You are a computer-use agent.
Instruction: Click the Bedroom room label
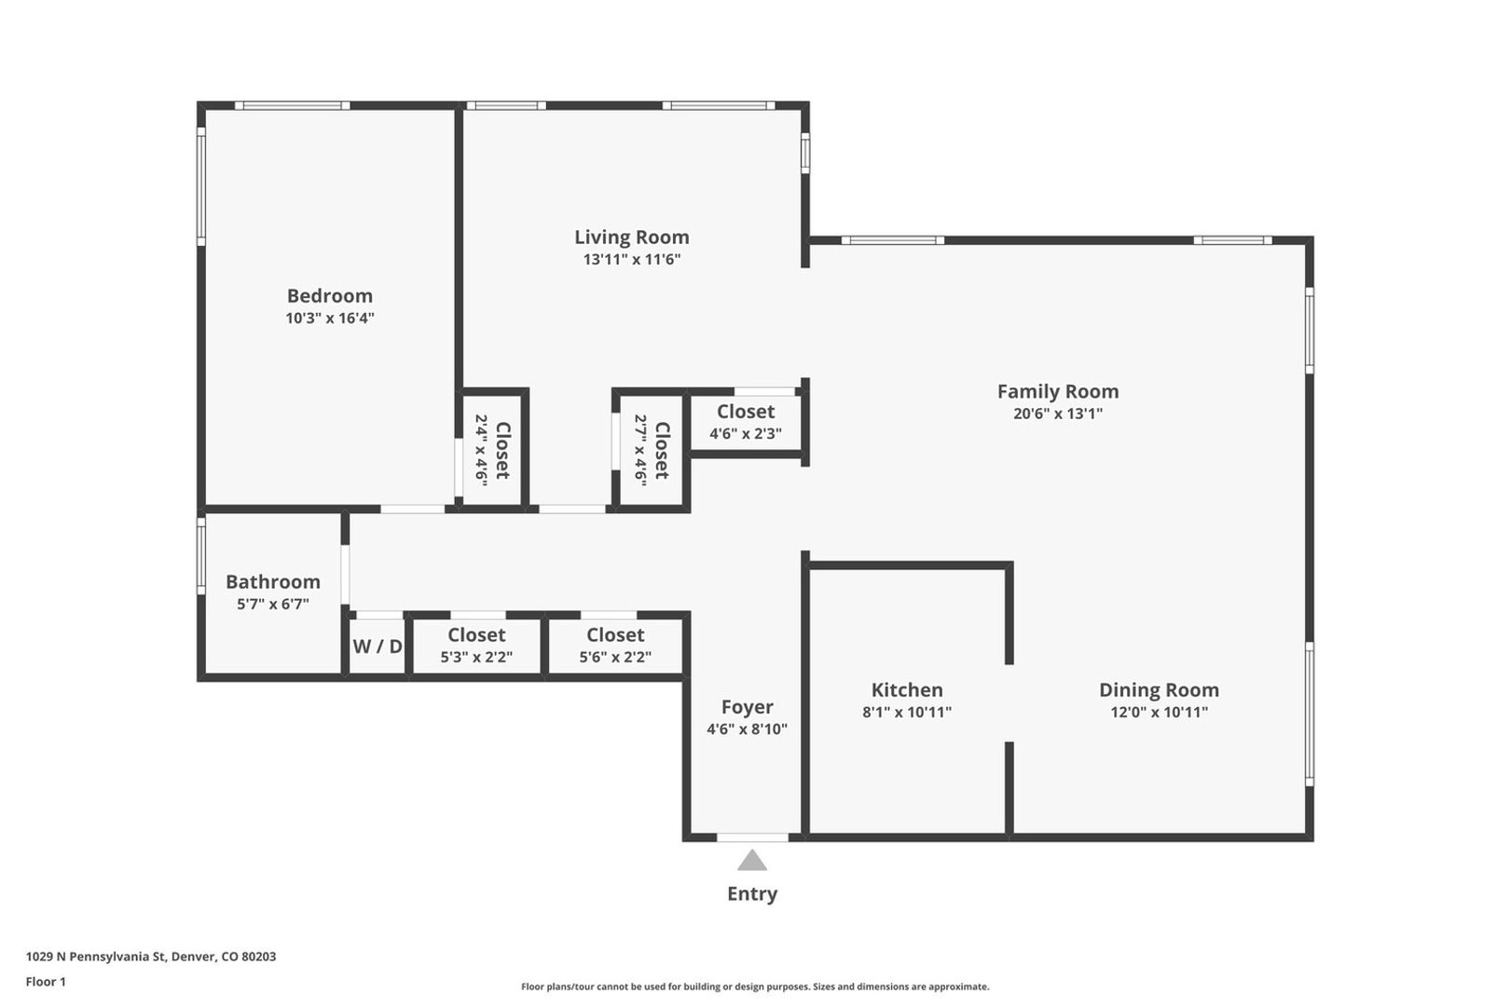click(329, 296)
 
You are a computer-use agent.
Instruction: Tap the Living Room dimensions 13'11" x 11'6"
click(631, 260)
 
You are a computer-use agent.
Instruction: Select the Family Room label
click(1057, 392)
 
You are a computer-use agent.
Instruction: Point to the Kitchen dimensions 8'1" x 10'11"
click(906, 713)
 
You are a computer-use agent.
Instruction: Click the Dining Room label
click(1158, 690)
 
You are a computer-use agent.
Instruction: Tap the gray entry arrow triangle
click(751, 861)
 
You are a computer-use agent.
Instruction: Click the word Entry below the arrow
click(751, 894)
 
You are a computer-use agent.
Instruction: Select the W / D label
click(377, 646)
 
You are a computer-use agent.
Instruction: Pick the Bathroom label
click(272, 582)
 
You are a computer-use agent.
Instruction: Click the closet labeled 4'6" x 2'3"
click(745, 422)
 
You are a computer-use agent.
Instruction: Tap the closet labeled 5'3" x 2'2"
click(475, 646)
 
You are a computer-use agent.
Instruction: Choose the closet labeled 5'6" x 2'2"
click(614, 646)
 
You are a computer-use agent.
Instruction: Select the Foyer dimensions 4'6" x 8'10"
click(747, 729)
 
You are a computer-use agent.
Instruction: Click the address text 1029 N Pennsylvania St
click(150, 957)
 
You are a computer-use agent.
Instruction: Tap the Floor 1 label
click(46, 982)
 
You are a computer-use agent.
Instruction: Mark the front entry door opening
click(751, 837)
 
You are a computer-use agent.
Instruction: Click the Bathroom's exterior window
click(201, 557)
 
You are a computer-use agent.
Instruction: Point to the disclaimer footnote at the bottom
click(754, 986)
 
